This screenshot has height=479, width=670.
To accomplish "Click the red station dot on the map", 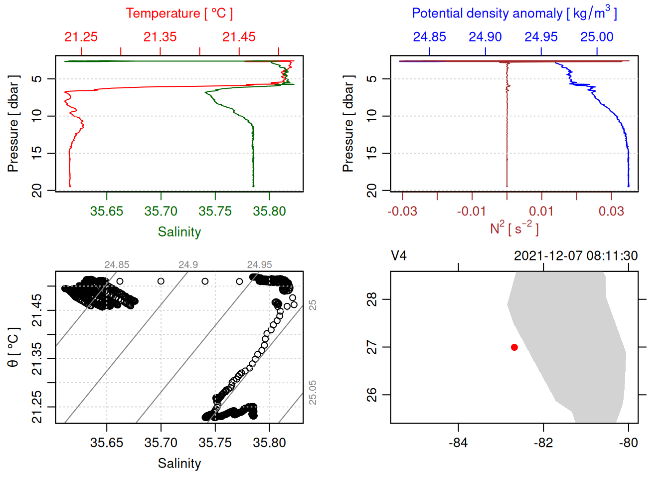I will click(x=514, y=347).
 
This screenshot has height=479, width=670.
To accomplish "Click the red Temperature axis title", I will click(x=179, y=13).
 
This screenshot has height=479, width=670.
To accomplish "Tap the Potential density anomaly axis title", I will click(x=514, y=13).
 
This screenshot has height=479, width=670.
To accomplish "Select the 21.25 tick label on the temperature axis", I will click(x=81, y=37).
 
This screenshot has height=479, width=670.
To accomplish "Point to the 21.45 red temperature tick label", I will click(x=239, y=37).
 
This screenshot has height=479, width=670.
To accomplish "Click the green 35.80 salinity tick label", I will click(x=269, y=211).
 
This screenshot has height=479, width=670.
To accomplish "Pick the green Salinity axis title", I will click(x=179, y=232).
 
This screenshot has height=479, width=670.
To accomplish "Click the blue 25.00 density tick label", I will click(x=597, y=37).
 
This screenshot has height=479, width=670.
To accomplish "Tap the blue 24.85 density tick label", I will click(x=429, y=37).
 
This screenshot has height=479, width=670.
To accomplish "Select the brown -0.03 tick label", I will click(x=402, y=211).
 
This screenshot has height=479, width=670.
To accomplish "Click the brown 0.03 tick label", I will click(x=611, y=211).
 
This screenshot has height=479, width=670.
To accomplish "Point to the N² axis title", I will click(x=514, y=228).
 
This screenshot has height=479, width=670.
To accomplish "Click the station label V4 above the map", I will click(x=399, y=256).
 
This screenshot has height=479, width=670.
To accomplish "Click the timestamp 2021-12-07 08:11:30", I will click(x=576, y=256).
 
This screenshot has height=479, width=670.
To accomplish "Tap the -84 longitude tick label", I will click(x=458, y=443).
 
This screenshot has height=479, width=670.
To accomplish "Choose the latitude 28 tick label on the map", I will click(x=372, y=299).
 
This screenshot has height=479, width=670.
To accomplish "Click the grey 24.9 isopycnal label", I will click(x=188, y=265).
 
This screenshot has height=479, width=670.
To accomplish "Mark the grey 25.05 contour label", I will click(x=313, y=392).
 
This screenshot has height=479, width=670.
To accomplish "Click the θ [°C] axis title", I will click(x=13, y=347).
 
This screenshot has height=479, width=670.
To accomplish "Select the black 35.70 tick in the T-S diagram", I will click(x=161, y=443).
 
